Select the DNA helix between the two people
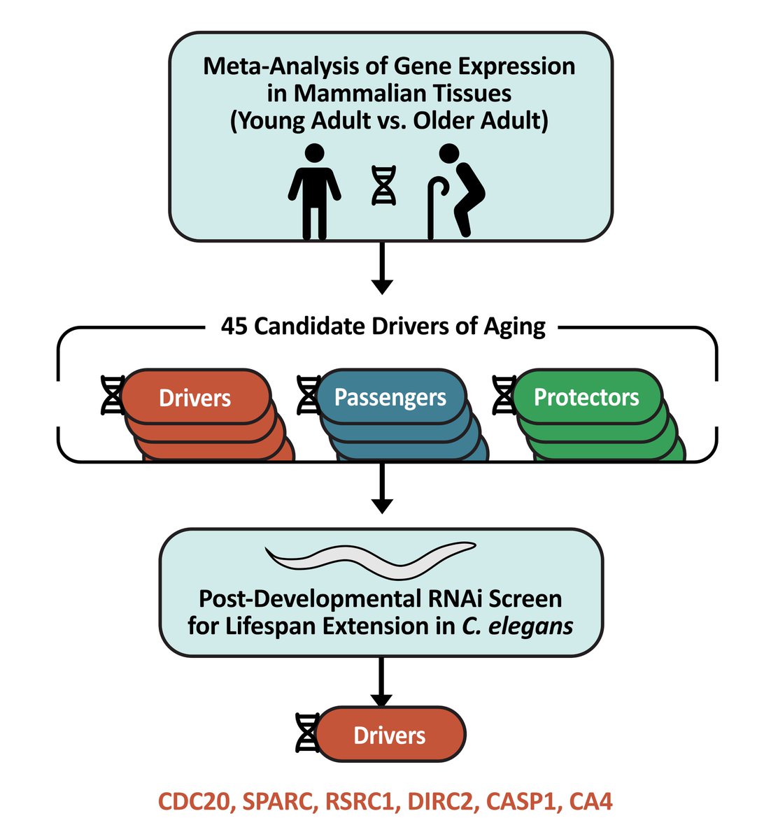(x=383, y=185)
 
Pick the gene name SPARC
(x=275, y=801)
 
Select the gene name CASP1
(x=513, y=801)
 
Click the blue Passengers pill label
(x=390, y=397)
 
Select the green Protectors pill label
(x=586, y=397)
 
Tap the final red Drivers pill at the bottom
(x=390, y=735)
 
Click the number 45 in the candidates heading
(x=234, y=326)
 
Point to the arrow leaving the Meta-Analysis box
(x=382, y=268)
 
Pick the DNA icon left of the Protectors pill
(x=504, y=395)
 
